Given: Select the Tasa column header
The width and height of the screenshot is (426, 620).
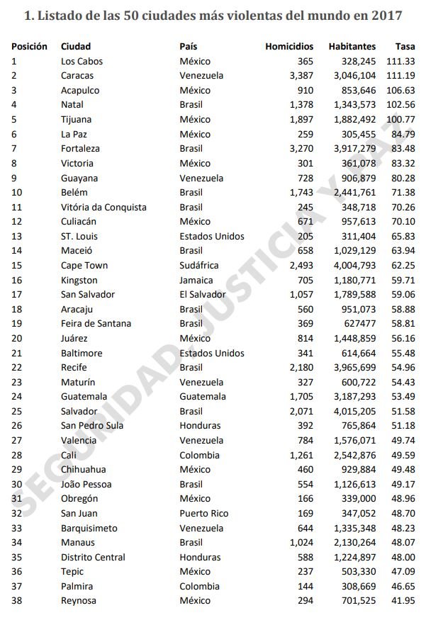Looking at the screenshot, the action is pos(405,46).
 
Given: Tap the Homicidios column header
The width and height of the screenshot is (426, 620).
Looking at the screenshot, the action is pos(289,46).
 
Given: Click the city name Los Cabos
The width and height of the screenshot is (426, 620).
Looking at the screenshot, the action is pos(82,61).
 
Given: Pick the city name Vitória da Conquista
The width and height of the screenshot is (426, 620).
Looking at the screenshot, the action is pos(103,207).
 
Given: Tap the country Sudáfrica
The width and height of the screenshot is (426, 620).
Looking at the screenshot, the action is pos(199,265).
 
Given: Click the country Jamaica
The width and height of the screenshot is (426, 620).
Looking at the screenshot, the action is pos(196,280).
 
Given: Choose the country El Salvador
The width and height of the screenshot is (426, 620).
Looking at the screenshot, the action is pos(203,294).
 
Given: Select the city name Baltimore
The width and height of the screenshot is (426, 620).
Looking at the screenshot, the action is pos(82,353).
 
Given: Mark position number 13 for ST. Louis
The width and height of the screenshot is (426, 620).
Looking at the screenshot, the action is pos(16,236).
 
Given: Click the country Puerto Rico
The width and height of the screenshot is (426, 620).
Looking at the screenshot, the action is pos(204,513).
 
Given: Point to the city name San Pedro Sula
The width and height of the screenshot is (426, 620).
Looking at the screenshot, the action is pos(92,426).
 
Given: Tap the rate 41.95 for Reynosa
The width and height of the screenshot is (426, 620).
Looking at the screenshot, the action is pos(403,601).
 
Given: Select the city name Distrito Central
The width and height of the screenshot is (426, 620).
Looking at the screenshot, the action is pos(93,557).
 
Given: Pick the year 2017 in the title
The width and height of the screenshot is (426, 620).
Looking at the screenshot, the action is pos(388,15).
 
